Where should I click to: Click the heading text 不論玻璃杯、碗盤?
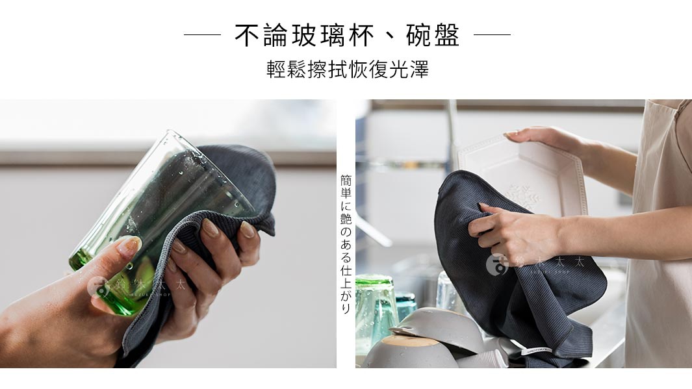pos(347,35)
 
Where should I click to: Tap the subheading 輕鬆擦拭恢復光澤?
pos(347,69)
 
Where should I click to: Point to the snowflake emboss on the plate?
pos(524,195)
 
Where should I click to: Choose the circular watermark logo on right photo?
pos(497,264)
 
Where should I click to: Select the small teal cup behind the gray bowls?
pos(406,305)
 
